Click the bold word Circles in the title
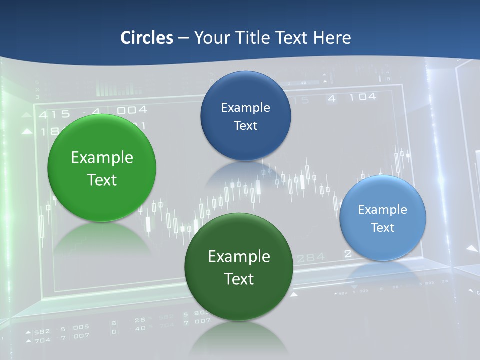147,38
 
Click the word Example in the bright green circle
102,158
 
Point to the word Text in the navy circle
245,126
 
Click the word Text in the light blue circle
383,228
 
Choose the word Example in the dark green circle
239,257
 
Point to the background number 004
132,110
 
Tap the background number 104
362,97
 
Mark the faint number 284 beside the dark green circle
310,258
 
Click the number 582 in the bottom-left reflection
41,331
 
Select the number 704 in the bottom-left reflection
41,340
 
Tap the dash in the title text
183,38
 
